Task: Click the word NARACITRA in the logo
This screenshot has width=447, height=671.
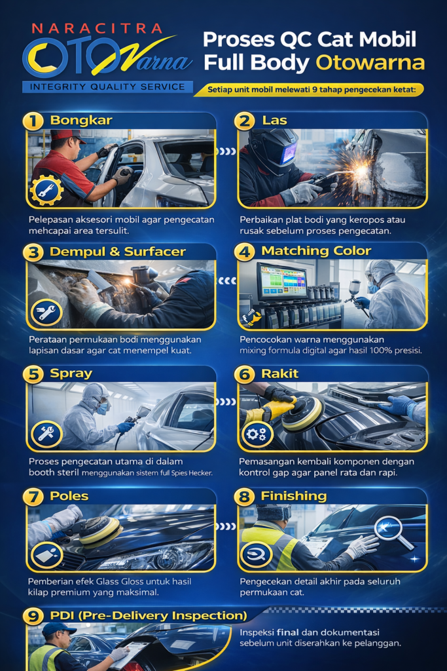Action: tap(97, 29)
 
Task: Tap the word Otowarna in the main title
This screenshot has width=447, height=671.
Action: tap(370, 62)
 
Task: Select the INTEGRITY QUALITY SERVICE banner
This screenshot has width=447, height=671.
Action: tap(107, 87)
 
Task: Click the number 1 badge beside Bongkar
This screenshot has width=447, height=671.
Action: tap(33, 121)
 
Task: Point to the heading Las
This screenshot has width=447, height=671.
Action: tap(274, 121)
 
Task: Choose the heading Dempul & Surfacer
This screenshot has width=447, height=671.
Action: tap(118, 252)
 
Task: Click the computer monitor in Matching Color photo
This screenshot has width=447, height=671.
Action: tap(281, 280)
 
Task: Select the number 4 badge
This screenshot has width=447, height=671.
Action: tap(244, 252)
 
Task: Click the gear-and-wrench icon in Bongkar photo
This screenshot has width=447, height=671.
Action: tap(46, 190)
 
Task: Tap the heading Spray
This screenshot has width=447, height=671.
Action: tap(71, 373)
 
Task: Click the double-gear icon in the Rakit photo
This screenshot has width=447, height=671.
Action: tap(257, 434)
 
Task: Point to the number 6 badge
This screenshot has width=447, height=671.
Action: tap(244, 374)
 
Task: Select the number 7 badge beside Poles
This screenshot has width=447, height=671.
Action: tap(33, 497)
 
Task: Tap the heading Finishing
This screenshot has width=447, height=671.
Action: tap(294, 496)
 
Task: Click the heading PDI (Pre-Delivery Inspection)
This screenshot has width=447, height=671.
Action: tap(149, 616)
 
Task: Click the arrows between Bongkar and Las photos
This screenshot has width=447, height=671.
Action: tap(226, 151)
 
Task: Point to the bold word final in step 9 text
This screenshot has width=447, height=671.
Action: tap(287, 632)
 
